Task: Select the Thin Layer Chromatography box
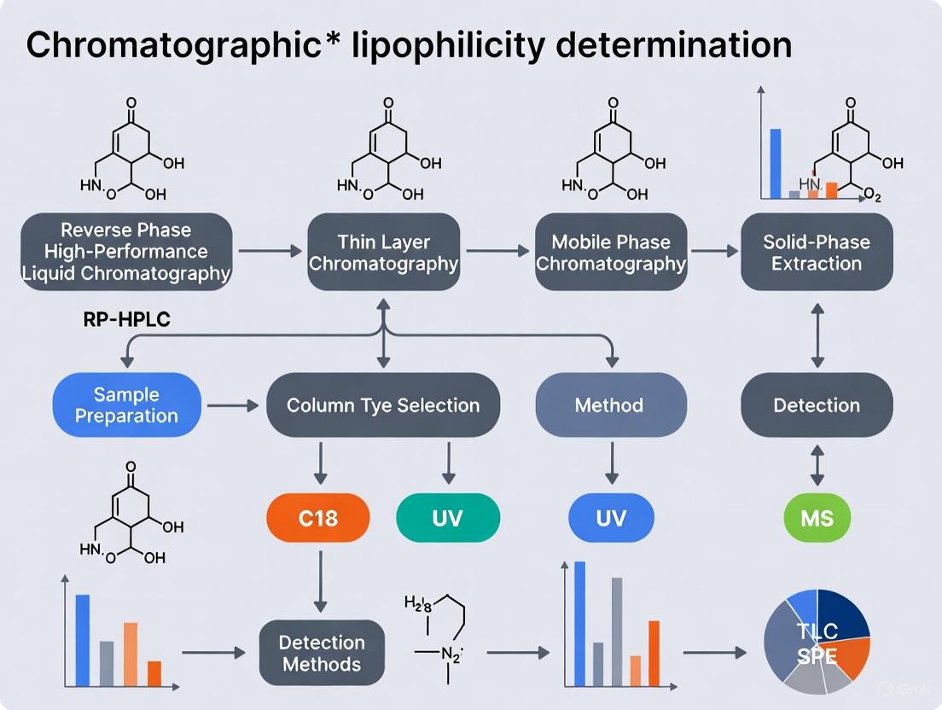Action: point(383,253)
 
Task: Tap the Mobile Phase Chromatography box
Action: point(611,253)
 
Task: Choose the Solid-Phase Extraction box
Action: point(817,253)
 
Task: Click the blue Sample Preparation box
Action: point(126,404)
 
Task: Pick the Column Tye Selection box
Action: point(383,404)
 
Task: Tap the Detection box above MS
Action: point(817,404)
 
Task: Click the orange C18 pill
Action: point(318,517)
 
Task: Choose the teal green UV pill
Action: point(448,517)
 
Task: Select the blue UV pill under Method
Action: point(611,517)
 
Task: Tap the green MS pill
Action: point(817,517)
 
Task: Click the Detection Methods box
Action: point(322,654)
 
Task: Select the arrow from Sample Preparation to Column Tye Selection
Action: point(233,405)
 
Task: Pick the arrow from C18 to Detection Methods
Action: point(320,580)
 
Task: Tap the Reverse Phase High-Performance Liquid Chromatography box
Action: point(126,253)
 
